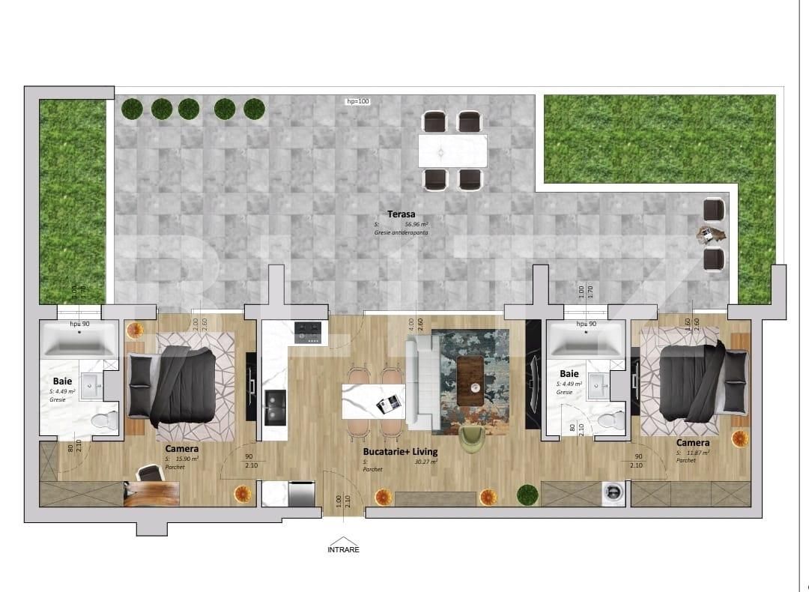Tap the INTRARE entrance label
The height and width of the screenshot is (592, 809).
(x=343, y=549)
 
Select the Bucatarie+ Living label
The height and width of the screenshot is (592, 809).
(x=400, y=452)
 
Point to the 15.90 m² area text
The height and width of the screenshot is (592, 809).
(x=187, y=458)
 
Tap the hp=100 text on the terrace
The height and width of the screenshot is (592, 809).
(x=357, y=101)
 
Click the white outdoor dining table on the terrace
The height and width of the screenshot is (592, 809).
(x=452, y=151)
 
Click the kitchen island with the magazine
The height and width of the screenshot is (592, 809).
(x=373, y=402)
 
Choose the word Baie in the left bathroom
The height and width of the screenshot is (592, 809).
(x=62, y=381)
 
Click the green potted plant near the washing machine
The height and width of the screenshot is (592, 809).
(x=527, y=494)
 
